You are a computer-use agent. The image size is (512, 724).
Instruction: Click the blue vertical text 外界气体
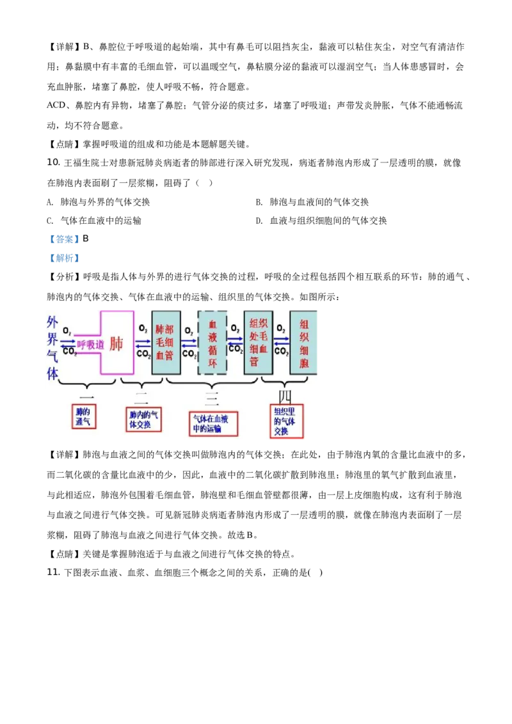[52, 348]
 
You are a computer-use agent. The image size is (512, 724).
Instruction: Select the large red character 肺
[116, 343]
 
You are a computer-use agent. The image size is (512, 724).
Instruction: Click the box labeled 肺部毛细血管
[165, 342]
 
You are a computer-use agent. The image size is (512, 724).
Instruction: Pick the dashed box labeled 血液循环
[212, 343]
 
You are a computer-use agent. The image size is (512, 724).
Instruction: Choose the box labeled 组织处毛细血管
[259, 342]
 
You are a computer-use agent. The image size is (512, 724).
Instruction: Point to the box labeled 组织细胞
[303, 342]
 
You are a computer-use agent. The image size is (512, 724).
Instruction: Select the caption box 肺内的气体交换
[143, 420]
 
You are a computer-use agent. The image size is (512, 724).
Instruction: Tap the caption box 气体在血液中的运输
[213, 423]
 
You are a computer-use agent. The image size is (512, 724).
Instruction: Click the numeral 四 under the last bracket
[280, 397]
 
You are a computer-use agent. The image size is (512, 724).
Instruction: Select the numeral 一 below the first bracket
[87, 398]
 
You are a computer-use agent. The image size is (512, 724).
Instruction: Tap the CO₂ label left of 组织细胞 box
[281, 352]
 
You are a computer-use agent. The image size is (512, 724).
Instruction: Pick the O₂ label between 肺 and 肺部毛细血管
[143, 330]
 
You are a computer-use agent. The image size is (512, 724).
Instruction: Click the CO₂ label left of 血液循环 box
[189, 353]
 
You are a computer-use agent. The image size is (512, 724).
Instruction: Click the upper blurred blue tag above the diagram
[64, 239]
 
